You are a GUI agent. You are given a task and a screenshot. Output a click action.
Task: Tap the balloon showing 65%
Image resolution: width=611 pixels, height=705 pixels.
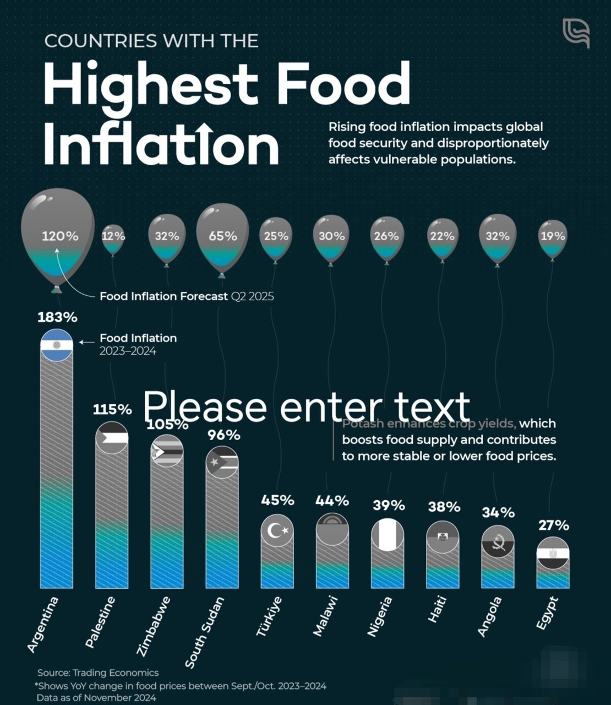(x=222, y=237)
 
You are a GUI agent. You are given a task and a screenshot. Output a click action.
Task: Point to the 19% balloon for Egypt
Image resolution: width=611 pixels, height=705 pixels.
(x=553, y=237)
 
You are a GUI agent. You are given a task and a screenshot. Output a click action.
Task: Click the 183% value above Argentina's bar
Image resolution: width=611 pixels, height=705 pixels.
(x=57, y=318)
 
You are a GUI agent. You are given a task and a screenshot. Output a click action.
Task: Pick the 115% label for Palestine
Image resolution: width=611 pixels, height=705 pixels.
(x=112, y=409)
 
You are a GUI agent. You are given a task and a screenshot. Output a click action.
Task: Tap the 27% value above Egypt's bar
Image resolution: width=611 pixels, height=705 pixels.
(x=553, y=525)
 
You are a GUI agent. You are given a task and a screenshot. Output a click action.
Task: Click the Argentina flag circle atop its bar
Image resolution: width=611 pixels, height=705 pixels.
(x=57, y=345)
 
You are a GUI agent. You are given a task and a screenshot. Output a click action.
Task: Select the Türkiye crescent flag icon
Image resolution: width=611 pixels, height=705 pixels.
(x=277, y=530)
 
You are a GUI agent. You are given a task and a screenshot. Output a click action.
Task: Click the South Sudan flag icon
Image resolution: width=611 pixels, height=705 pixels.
(x=222, y=462)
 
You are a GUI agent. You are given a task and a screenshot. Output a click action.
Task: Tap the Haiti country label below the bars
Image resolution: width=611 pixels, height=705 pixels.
(x=438, y=610)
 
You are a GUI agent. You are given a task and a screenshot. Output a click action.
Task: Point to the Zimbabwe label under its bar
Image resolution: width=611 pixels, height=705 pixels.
(x=154, y=626)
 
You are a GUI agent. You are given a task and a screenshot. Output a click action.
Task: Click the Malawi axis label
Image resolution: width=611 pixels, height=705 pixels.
(x=325, y=616)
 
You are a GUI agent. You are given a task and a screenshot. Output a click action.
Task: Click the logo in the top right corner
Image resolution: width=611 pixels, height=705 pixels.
(x=576, y=32)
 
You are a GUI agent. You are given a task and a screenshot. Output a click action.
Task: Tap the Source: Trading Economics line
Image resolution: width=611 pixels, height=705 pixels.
(x=98, y=673)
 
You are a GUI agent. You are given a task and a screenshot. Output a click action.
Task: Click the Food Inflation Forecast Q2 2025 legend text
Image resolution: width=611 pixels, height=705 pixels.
(x=187, y=296)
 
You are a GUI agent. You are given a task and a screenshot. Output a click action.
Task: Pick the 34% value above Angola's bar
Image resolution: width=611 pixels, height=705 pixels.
(x=498, y=513)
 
